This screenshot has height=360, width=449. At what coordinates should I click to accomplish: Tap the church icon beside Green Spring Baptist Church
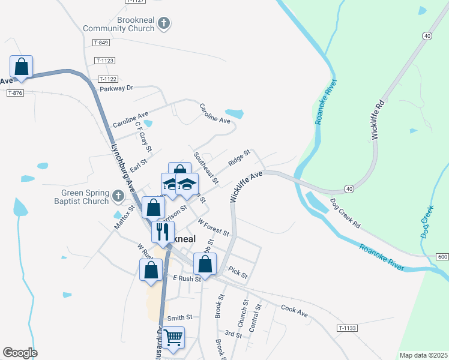pos(118,196)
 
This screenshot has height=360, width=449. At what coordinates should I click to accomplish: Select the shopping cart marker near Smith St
pos(173,337)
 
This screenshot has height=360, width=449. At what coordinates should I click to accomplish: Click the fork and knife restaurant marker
pos(163,231)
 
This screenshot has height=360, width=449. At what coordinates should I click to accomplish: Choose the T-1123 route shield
pos(104,61)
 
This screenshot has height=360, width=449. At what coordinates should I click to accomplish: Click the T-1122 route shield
pos(108,79)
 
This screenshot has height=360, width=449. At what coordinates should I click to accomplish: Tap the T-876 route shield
pos(15,92)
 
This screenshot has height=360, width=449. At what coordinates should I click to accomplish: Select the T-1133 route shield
pos(347,328)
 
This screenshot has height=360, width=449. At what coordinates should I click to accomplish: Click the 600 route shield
pos(442,257)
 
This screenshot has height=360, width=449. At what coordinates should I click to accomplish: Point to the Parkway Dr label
pos(116,88)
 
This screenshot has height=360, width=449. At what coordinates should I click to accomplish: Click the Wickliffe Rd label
pos(377,120)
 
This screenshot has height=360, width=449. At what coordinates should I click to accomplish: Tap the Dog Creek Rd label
pos(345,212)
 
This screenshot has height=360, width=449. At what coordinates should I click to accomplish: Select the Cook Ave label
pos(294,311)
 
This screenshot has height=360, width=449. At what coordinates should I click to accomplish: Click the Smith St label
pos(179,317)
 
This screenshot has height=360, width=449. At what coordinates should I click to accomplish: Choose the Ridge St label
pos(239,158)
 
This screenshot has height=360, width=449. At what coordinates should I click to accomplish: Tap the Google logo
pos(20,353)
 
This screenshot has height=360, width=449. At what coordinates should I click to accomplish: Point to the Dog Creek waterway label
pos(427,222)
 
